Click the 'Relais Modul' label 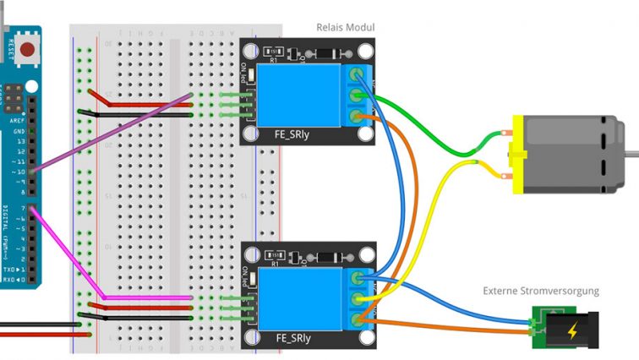pos(345,28)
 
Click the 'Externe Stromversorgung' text pos(541,291)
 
